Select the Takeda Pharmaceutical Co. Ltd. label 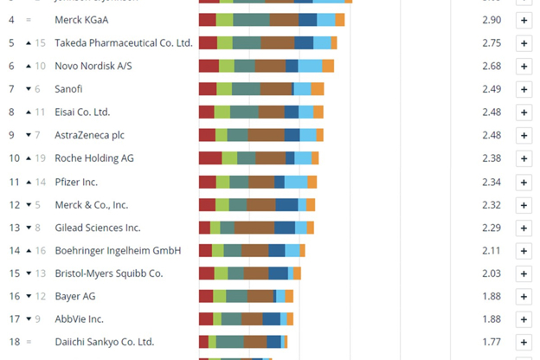click(x=123, y=42)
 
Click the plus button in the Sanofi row click(x=524, y=89)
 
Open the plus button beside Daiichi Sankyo click(x=524, y=342)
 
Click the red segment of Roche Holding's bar click(x=210, y=158)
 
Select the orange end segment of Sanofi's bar click(x=318, y=89)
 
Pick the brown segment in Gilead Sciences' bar click(x=254, y=228)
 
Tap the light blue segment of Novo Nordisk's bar click(x=310, y=66)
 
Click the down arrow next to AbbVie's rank click(x=28, y=319)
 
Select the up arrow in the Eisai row click(x=28, y=112)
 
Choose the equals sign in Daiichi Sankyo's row click(x=29, y=342)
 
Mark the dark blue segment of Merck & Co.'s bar click(x=287, y=204)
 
